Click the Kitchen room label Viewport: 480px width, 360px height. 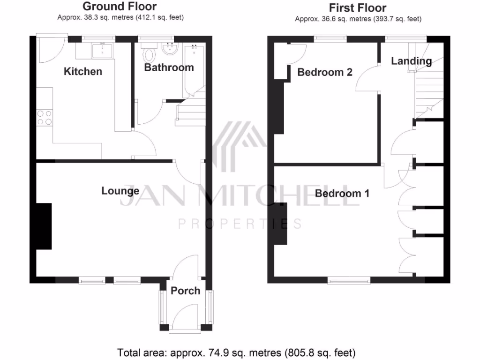click(83, 72)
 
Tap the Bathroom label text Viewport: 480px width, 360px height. click(169, 67)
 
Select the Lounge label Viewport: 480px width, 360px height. click(120, 191)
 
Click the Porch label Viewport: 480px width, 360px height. click(185, 291)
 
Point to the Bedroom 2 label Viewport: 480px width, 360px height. click(325, 72)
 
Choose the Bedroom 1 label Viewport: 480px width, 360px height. click(342, 193)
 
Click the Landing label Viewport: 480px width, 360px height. click(411, 61)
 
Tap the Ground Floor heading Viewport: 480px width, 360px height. click(120, 7)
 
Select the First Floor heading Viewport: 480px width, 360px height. click(358, 8)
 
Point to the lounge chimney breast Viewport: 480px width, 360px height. click(44, 226)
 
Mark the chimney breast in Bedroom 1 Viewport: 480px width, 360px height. click(280, 223)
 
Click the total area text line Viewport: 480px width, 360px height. click(236, 352)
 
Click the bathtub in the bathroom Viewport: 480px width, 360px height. click(192, 70)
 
